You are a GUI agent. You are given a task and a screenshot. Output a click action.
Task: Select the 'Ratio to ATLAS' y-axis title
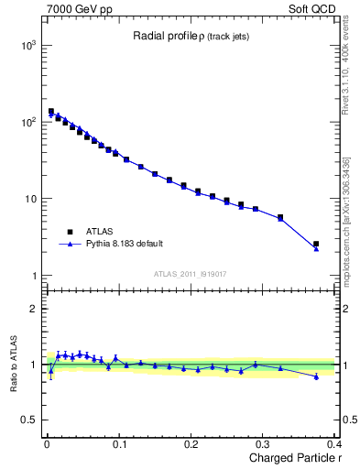pos(13,364)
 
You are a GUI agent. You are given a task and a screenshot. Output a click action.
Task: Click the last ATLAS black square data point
pos(316,245)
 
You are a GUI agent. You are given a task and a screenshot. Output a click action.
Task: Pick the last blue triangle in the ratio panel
pos(316,376)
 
